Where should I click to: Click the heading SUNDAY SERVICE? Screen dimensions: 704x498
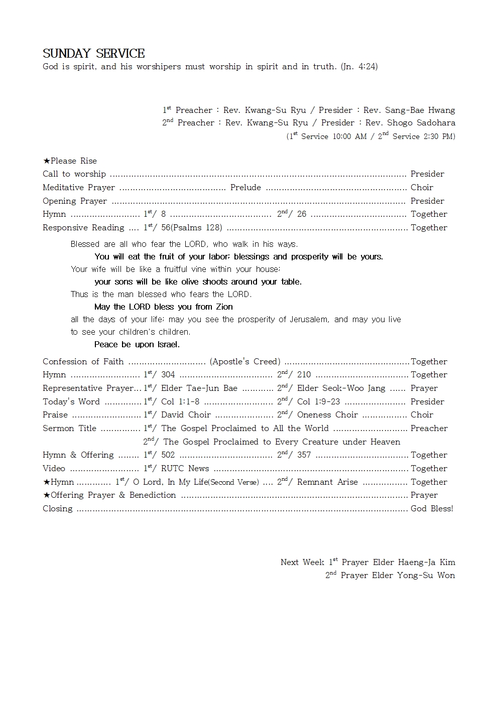(x=94, y=54)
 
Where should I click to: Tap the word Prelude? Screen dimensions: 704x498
(x=245, y=188)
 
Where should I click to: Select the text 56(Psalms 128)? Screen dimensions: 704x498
(x=192, y=228)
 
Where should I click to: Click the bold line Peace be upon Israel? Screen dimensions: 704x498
(x=137, y=345)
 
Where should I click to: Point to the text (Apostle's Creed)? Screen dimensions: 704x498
(x=245, y=362)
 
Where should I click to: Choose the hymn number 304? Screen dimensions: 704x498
(x=168, y=375)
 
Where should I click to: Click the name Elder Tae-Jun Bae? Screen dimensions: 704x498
(x=199, y=388)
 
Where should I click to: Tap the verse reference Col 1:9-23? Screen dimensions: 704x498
(x=318, y=402)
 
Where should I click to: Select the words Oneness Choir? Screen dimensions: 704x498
(x=327, y=415)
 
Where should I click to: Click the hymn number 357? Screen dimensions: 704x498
(x=304, y=455)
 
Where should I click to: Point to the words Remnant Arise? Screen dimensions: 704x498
(x=327, y=482)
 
